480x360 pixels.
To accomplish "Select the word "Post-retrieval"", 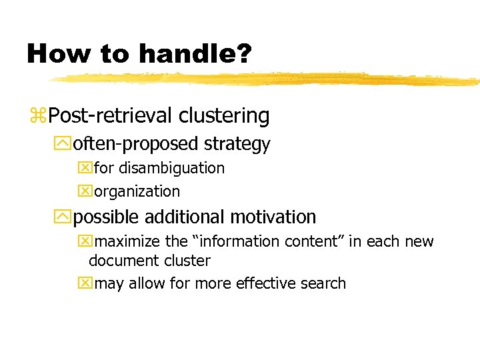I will (x=111, y=116).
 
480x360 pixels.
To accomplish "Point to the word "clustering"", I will (x=224, y=116).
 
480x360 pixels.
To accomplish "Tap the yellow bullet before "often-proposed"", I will (x=65, y=144).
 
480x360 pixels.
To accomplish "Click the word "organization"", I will (x=137, y=191).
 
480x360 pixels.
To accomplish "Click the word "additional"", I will (x=187, y=217).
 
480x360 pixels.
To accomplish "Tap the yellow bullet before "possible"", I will (x=65, y=217).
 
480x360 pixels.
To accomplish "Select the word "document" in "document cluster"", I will (x=121, y=261).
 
